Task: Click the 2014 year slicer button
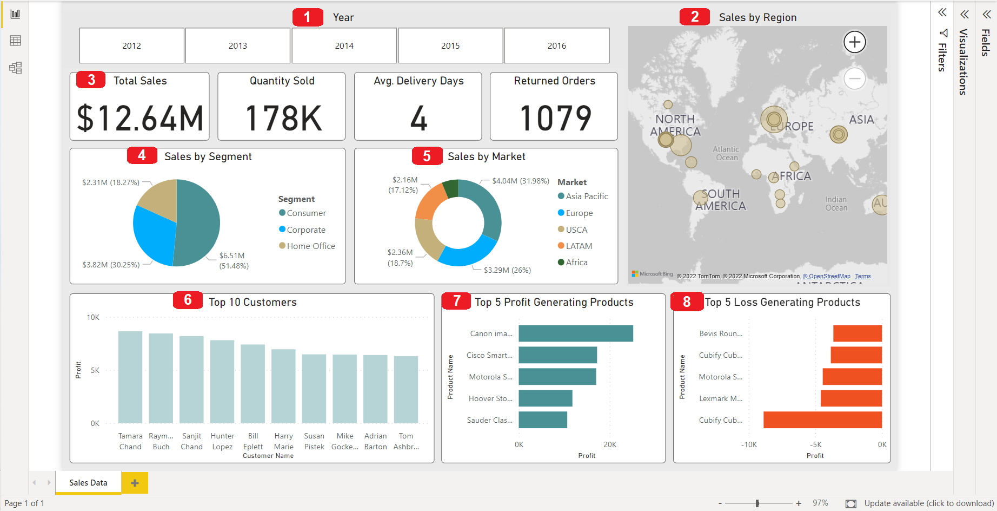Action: pos(344,46)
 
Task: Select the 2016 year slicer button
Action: pos(556,46)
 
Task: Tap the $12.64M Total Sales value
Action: pos(140,119)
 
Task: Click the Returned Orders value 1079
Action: pos(555,119)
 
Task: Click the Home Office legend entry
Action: pos(311,246)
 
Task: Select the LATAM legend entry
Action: pos(579,246)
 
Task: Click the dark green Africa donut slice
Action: pos(451,189)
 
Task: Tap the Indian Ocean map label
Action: pos(836,204)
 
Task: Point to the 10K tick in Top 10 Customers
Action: pos(93,318)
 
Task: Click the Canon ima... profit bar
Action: pos(575,333)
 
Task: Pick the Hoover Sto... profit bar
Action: pos(545,398)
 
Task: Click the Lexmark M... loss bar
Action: pos(851,398)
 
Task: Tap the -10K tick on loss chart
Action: pos(749,445)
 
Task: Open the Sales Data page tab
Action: pos(88,483)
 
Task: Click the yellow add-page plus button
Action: pos(135,483)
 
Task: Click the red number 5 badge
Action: pos(427,156)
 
